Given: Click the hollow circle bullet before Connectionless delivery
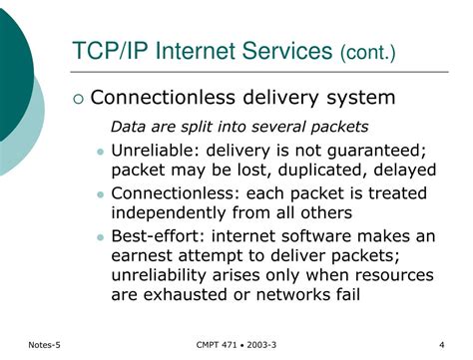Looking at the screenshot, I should [78, 98].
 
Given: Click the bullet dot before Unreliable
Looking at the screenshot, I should [100, 151].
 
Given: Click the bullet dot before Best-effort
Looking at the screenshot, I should [100, 236].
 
